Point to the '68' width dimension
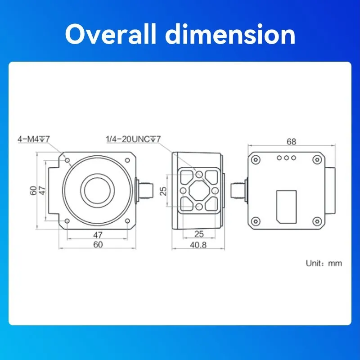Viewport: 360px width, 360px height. (291, 142)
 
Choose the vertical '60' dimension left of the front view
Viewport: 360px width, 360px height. (33, 190)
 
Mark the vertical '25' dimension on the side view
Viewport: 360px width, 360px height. (163, 191)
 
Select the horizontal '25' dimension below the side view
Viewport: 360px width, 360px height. (198, 234)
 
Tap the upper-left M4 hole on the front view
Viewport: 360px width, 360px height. (67, 160)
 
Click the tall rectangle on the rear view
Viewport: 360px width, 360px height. (286, 206)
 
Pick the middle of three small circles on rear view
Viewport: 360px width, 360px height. (286, 158)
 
